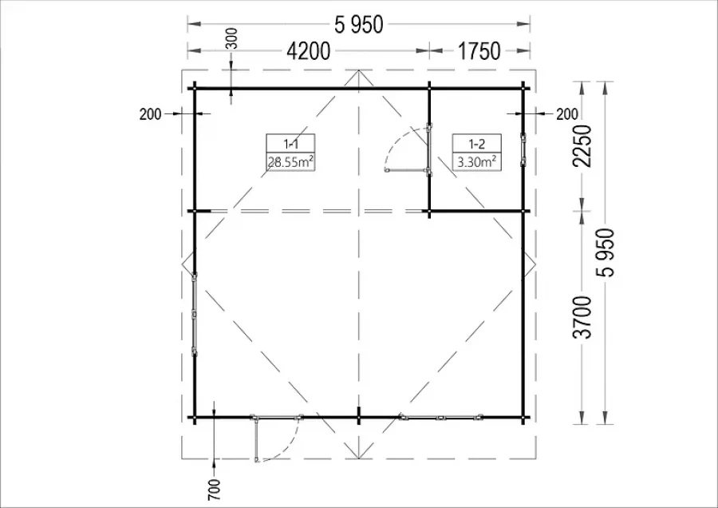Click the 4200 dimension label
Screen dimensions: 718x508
[x=308, y=51]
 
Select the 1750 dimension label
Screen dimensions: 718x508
[x=479, y=51]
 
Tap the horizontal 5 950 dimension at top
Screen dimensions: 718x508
[x=358, y=24]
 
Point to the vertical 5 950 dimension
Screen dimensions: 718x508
[x=605, y=252]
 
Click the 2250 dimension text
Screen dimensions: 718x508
[x=583, y=146]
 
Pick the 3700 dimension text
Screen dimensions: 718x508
[x=583, y=317]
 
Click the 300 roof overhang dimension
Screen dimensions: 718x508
[x=232, y=38]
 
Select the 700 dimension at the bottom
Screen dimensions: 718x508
[x=214, y=489]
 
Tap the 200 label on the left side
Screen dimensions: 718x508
[x=151, y=113]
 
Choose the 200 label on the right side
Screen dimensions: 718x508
[x=567, y=113]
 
